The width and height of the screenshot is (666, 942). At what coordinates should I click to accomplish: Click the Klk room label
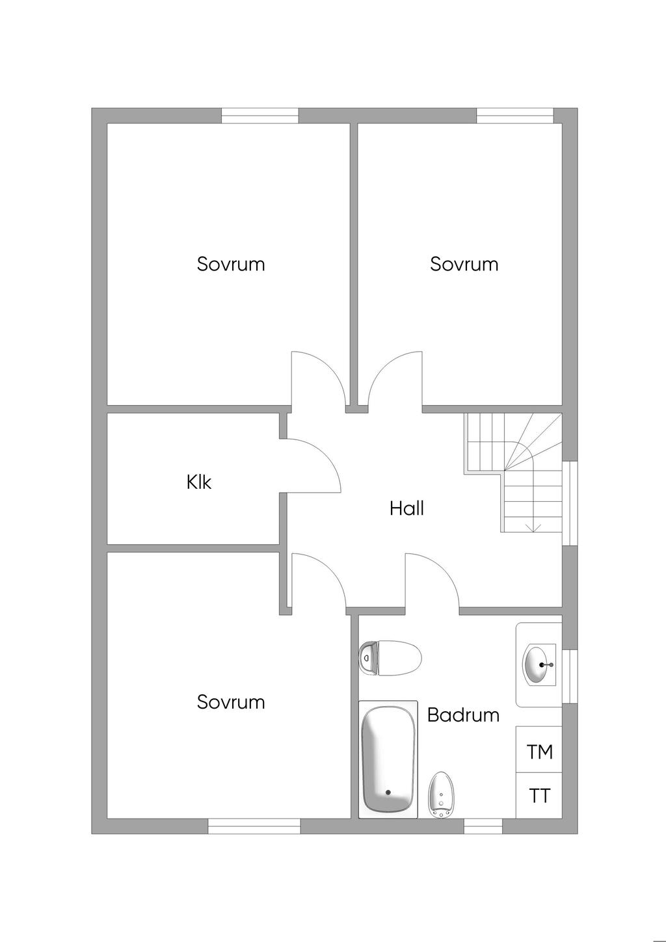198,482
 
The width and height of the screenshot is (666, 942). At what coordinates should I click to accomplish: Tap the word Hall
406,508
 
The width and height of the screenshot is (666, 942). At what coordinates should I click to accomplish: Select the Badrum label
463,714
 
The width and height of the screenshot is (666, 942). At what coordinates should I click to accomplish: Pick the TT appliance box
539,795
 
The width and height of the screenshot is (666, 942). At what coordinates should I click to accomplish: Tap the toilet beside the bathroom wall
390,659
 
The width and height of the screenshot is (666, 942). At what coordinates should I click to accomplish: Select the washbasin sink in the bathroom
539,664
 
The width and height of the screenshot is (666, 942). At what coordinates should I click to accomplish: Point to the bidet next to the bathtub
440,795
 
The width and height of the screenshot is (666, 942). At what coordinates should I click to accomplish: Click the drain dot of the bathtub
388,792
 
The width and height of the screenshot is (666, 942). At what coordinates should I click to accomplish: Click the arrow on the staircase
533,527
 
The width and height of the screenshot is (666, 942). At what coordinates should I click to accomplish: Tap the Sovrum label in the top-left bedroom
230,264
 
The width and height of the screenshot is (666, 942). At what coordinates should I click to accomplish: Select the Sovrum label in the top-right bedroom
464,264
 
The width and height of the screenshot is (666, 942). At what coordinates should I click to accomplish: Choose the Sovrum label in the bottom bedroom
230,702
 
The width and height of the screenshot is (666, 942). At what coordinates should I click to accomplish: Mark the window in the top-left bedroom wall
260,116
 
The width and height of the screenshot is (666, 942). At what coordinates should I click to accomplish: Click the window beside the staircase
570,503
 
